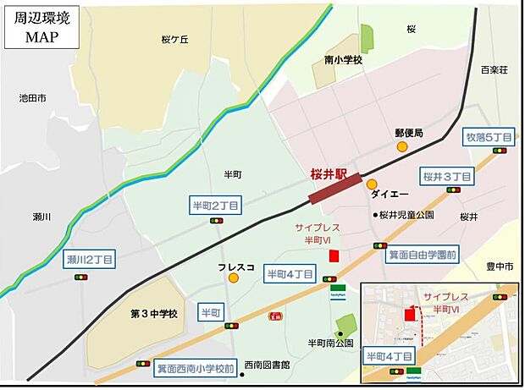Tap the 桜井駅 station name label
coord(329,174)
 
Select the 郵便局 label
coord(408,133)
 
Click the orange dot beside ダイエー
coord(372,184)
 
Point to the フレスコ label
coord(231,266)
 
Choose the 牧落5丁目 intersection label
coord(489,136)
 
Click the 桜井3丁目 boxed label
coord(445,176)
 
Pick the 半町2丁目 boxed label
coord(217,205)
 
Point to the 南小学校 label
coord(343,60)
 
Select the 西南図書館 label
coord(267,365)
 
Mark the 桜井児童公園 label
coord(407,215)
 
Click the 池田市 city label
coord(32,99)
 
